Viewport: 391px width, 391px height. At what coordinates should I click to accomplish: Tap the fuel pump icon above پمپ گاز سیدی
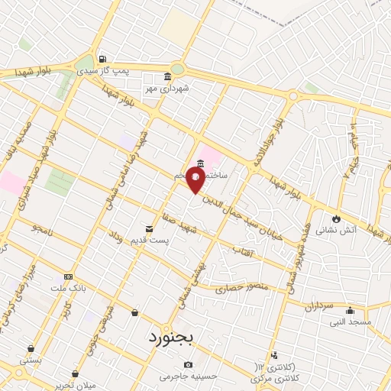[102, 60]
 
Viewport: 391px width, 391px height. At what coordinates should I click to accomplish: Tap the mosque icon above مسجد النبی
[350, 310]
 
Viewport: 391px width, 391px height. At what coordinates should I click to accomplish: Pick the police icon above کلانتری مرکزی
[273, 355]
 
